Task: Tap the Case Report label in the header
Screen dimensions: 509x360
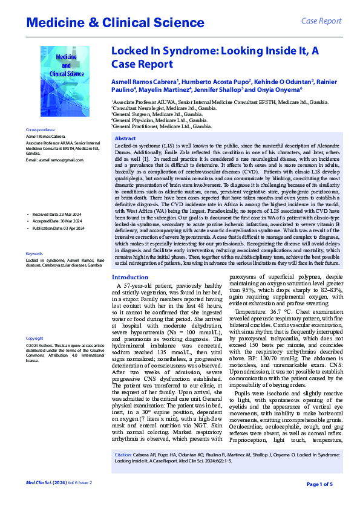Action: tap(321, 21)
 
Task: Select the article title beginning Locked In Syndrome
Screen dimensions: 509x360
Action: tap(215, 57)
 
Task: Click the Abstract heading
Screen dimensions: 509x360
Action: tap(125, 138)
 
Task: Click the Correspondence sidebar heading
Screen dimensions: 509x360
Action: tap(41, 131)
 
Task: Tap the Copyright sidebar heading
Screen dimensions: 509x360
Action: tap(34, 339)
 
